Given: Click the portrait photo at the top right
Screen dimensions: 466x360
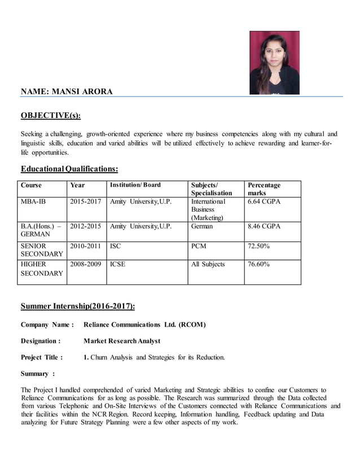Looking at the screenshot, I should coord(274,63).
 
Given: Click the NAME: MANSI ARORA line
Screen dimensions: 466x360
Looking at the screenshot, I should coord(67,91).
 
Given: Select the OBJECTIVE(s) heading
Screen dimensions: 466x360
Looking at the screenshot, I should coord(50,116).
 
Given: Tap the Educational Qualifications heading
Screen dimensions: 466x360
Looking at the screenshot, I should coord(69,169).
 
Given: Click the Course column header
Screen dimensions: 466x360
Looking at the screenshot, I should coord(31,185).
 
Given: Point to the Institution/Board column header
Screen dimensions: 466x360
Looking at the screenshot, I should coord(135,185).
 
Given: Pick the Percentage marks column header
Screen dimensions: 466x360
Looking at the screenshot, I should coord(264,189).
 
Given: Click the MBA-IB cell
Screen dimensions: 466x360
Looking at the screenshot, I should coord(33,201).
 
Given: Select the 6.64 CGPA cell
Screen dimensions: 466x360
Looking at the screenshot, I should coord(264,201).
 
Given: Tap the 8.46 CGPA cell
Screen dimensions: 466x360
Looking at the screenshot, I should coord(264,226).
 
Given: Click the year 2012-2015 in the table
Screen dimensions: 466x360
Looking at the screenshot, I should coord(85,226).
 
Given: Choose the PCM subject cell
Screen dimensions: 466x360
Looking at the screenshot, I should coord(199,246).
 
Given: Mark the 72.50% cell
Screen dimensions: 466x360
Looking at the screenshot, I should coord(258,246).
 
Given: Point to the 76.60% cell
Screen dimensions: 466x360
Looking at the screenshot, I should coord(258,264).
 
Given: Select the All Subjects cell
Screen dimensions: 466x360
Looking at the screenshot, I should coord(208,264).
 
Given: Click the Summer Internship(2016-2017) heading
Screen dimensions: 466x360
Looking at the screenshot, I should coord(78,306).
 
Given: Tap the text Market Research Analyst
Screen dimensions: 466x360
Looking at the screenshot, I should coord(121,341).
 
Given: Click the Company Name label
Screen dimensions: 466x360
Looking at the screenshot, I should coord(47,324).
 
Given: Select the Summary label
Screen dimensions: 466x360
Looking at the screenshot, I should coord(37,373).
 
